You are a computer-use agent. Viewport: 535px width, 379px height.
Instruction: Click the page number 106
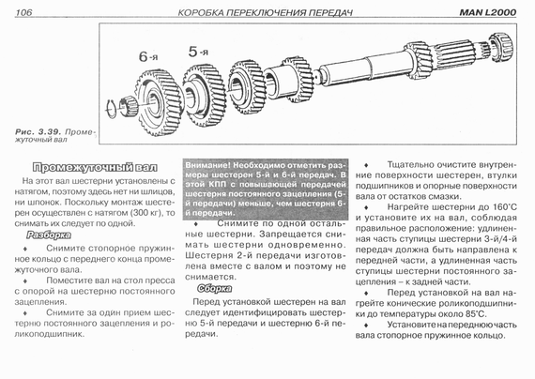click(23, 12)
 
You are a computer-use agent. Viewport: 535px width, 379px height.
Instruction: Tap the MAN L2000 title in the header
click(488, 12)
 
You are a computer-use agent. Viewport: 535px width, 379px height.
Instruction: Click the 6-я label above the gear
click(148, 56)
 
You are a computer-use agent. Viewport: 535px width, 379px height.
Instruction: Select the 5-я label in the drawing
click(198, 52)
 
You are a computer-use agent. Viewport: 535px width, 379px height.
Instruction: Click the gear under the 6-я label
click(158, 102)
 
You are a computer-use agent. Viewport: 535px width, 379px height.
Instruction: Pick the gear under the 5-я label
click(204, 97)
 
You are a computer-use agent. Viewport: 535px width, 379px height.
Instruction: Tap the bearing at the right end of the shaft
click(501, 48)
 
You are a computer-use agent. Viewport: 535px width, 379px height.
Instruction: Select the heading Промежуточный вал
click(95, 167)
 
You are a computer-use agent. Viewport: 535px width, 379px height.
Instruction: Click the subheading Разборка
click(49, 235)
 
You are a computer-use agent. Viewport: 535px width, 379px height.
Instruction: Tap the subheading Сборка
click(214, 289)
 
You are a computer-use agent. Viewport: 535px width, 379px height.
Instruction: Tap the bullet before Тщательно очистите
click(366, 165)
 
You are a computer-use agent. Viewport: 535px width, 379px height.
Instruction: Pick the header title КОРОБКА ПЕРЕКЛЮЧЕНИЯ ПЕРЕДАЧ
click(266, 13)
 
